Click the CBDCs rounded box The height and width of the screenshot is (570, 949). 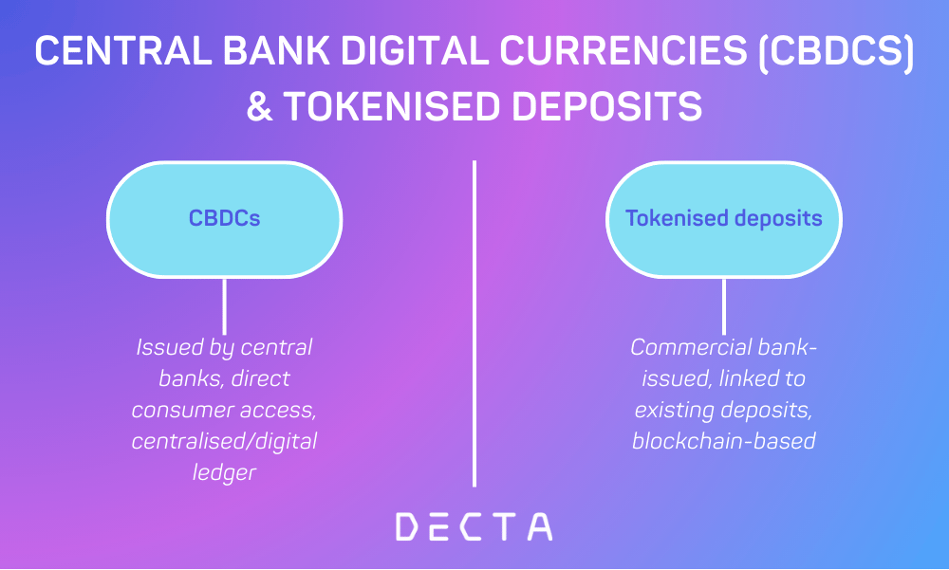click(x=224, y=218)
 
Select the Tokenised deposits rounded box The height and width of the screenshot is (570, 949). click(x=723, y=218)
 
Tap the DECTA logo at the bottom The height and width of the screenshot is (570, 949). click(x=474, y=526)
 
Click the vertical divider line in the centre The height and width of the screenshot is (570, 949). click(x=474, y=322)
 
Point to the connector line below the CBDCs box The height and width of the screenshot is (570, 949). click(x=224, y=305)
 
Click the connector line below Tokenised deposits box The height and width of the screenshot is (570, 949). click(x=724, y=305)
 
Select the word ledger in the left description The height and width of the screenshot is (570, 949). click(x=224, y=472)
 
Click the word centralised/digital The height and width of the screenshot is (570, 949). click(x=224, y=441)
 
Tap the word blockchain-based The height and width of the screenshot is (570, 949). click(x=724, y=441)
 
